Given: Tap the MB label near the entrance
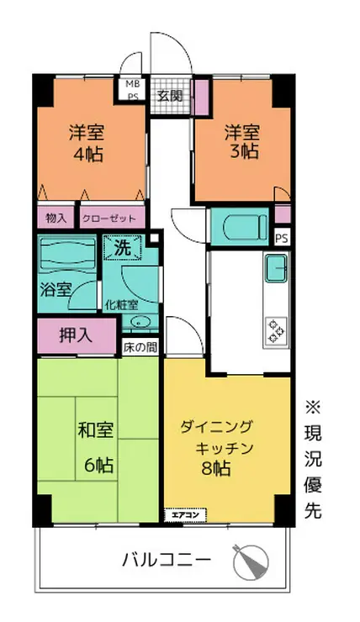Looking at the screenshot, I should coord(133,84).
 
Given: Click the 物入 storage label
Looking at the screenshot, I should coord(56,218).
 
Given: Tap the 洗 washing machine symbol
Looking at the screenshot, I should coord(122,250).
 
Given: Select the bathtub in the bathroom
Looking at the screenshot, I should coord(68,254).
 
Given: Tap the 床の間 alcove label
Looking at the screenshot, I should coord(140,346).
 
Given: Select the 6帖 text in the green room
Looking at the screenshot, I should coord(98,464).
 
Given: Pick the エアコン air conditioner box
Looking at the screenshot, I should coord(183,514).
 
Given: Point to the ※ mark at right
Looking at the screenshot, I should coord(312,408).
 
